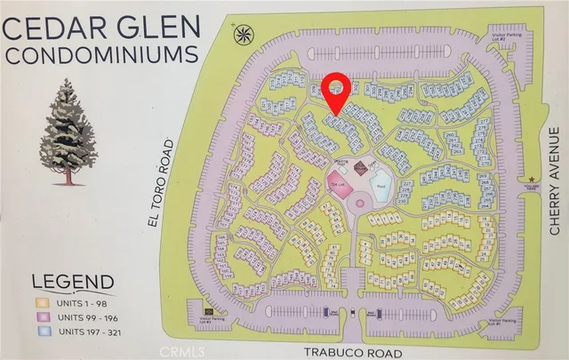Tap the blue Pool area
380,188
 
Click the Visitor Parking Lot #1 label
499,321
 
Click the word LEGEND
73,283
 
